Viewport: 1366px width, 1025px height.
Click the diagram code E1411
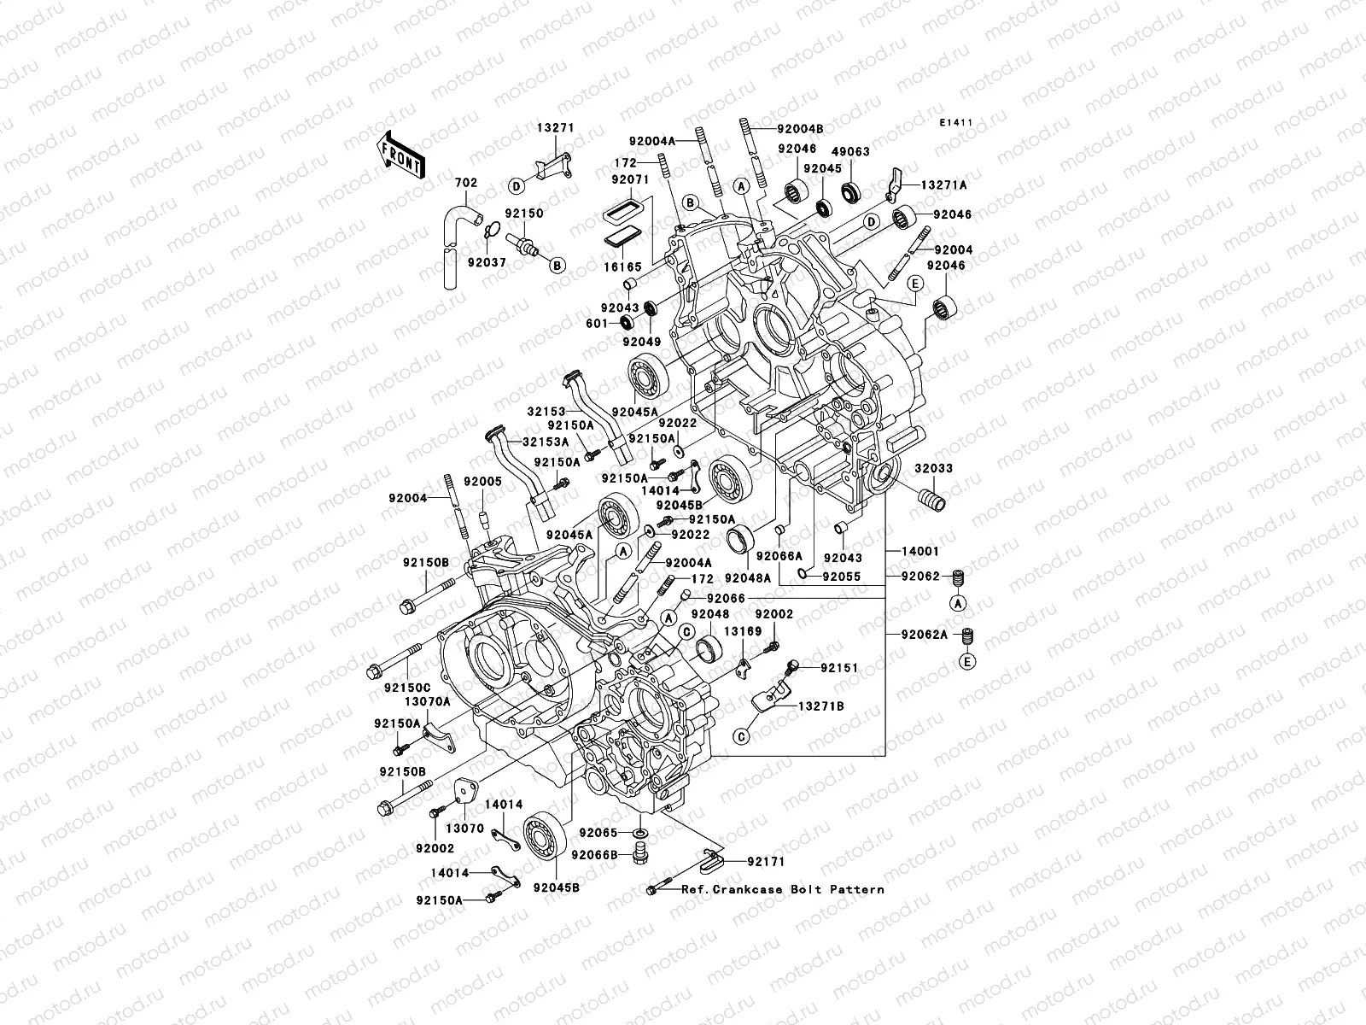pos(957,123)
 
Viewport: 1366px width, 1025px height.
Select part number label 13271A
pos(943,184)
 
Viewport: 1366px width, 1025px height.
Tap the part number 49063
pos(852,151)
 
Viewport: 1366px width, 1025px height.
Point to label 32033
pos(934,469)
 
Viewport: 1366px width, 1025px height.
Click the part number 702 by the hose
pos(465,183)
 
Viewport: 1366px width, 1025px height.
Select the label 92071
pos(630,181)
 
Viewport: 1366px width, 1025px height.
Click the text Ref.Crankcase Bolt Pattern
pos(782,889)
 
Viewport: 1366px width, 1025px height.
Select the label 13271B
pos(821,706)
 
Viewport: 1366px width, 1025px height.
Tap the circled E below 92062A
pos(968,662)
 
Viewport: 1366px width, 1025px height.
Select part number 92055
pos(842,576)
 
